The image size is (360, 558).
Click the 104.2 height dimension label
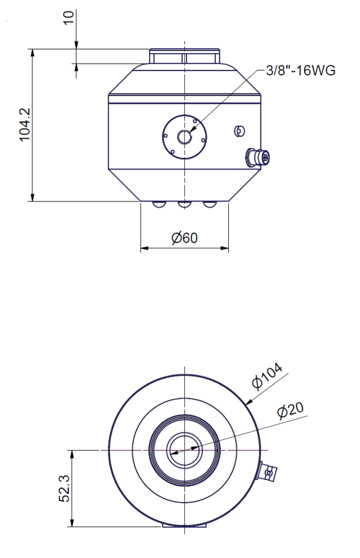pyautogui.click(x=25, y=124)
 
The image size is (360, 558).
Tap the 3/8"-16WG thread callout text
pyautogui.click(x=301, y=70)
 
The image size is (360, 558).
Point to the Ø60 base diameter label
pyautogui.click(x=184, y=238)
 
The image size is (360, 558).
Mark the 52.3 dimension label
pyautogui.click(x=65, y=488)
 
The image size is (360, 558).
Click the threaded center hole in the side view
pyautogui.click(x=184, y=137)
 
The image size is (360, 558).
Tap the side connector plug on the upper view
pyautogui.click(x=257, y=157)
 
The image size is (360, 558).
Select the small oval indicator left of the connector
pyautogui.click(x=239, y=131)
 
